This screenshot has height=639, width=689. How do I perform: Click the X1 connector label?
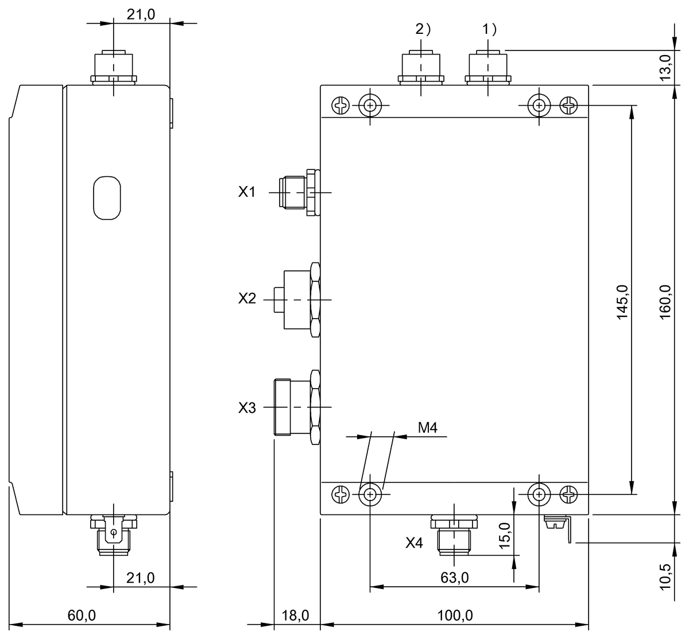pyautogui.click(x=246, y=192)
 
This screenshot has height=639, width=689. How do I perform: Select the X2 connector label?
pyautogui.click(x=247, y=299)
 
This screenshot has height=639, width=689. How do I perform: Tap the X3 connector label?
pyautogui.click(x=247, y=408)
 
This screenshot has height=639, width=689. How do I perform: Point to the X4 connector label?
pyautogui.click(x=414, y=543)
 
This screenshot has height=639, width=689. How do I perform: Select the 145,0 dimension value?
pyautogui.click(x=623, y=302)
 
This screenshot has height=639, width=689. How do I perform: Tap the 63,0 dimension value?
pyautogui.click(x=455, y=578)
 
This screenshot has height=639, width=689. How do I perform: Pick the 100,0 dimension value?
pyautogui.click(x=454, y=615)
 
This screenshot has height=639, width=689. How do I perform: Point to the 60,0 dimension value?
pyautogui.click(x=82, y=615)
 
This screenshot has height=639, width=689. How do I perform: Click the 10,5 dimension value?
pyautogui.click(x=665, y=576)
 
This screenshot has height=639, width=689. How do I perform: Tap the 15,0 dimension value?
pyautogui.click(x=504, y=536)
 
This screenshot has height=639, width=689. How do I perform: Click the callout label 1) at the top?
pyautogui.click(x=489, y=30)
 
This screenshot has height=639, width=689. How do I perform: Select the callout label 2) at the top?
pyautogui.click(x=423, y=30)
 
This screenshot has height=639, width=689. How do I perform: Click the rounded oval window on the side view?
pyautogui.click(x=107, y=197)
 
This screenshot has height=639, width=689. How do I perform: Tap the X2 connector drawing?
pyautogui.click(x=299, y=300)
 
